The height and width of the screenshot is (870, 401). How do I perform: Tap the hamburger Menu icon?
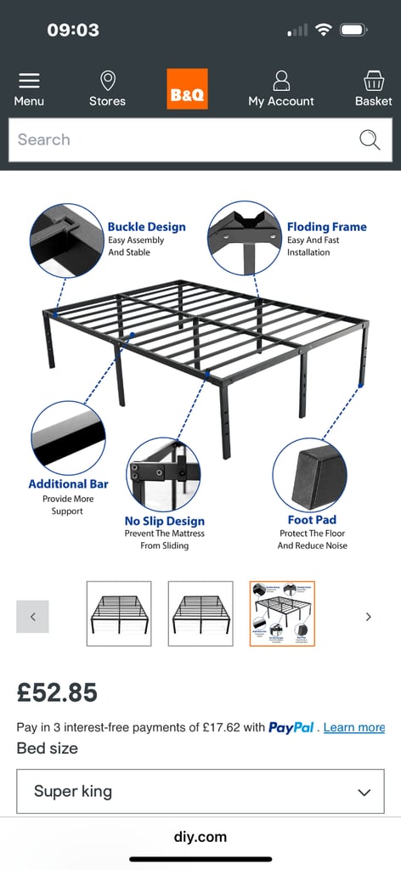tap(29, 81)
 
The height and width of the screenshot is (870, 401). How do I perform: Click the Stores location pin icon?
tap(107, 81)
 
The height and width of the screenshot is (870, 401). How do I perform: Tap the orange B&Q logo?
tap(187, 89)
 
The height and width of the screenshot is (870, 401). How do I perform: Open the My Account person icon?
tap(281, 81)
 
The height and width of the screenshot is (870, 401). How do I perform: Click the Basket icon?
tap(373, 81)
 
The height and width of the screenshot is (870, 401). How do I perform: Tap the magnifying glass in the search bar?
tap(370, 140)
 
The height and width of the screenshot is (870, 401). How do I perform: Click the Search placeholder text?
tap(44, 140)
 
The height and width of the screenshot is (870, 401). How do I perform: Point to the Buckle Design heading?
tap(146, 227)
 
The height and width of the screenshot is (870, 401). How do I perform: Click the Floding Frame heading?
tap(326, 227)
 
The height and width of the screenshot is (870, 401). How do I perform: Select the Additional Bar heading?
tap(68, 484)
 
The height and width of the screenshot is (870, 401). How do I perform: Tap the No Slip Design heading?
tap(165, 521)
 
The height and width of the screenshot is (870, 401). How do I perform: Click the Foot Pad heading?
tap(312, 520)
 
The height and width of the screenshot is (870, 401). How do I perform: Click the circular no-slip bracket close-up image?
tap(163, 474)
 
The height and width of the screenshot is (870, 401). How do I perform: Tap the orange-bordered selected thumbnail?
tap(282, 613)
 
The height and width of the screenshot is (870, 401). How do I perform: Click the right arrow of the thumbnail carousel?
tap(368, 617)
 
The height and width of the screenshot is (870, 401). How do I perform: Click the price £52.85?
tap(57, 692)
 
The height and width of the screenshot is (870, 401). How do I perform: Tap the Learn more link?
tap(353, 727)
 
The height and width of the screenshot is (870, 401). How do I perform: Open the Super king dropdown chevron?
tap(364, 792)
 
